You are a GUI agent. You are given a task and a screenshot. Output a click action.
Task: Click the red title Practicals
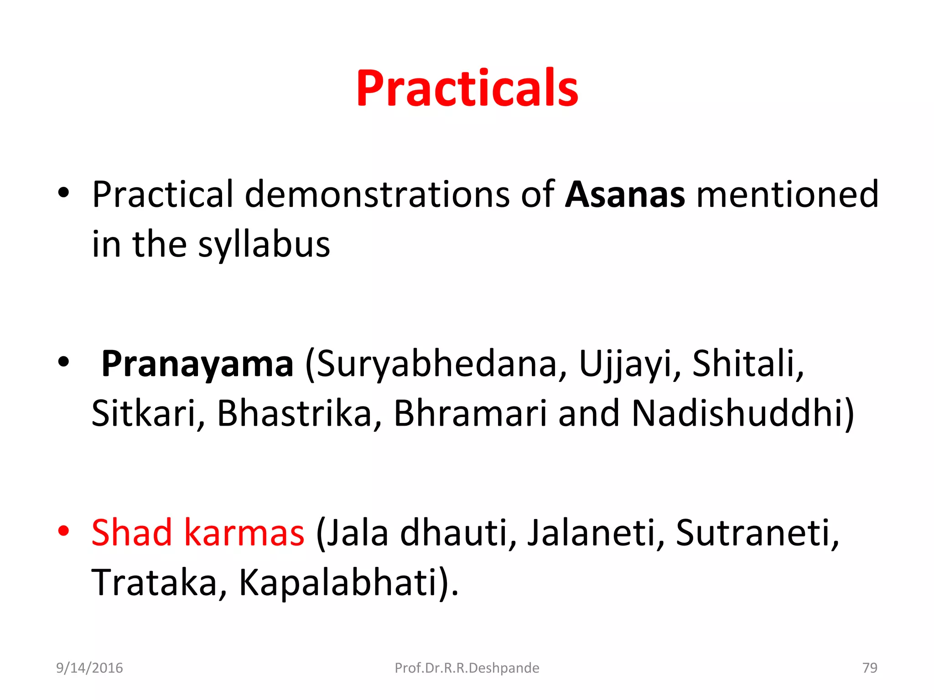467,88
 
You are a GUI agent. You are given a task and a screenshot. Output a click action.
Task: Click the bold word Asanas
624,195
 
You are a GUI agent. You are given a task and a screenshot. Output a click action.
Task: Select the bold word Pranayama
197,365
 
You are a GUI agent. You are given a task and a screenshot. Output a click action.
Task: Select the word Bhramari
470,414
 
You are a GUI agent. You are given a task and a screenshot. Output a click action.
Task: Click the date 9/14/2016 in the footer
89,668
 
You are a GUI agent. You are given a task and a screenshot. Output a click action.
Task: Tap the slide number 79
870,668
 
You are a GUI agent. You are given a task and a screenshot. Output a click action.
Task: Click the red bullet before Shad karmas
63,531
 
